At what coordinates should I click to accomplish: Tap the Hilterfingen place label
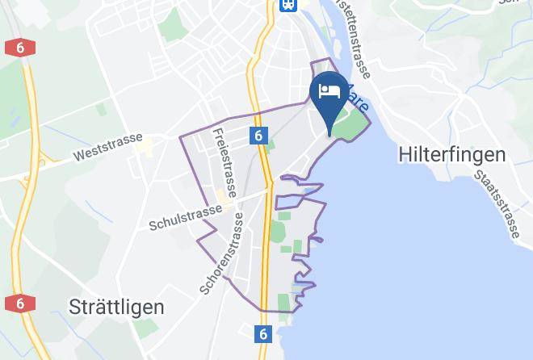click(x=452, y=154)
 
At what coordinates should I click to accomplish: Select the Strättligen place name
click(x=117, y=308)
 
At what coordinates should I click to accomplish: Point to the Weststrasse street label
click(x=107, y=148)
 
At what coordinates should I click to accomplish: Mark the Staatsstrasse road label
click(x=496, y=204)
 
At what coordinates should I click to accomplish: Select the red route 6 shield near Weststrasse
click(x=19, y=48)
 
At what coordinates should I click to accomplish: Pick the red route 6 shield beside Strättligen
click(x=19, y=303)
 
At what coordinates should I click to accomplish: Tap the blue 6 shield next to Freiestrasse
click(x=258, y=136)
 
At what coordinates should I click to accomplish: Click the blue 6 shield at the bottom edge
click(x=263, y=333)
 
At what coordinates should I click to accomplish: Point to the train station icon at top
click(x=287, y=6)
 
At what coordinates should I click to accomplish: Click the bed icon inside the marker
click(x=329, y=90)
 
